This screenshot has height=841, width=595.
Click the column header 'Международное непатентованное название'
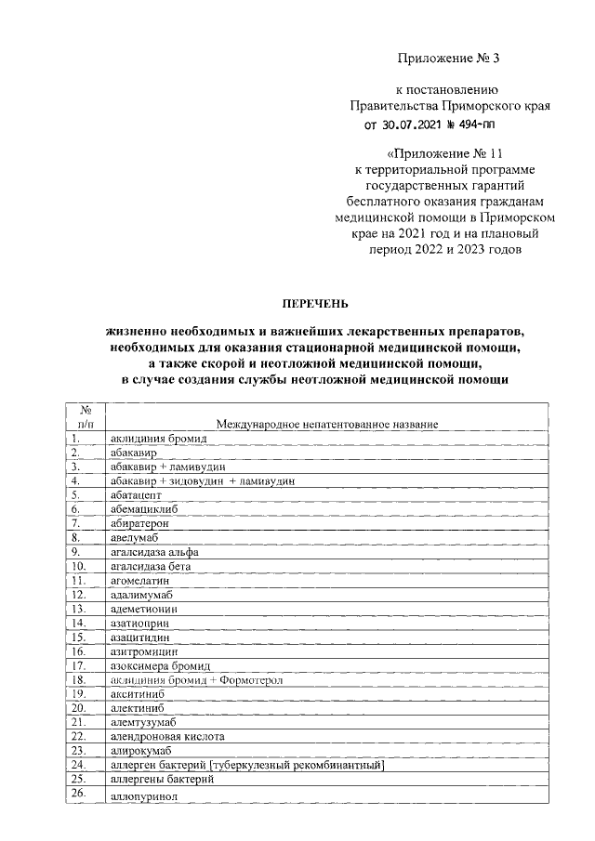pyautogui.click(x=326, y=424)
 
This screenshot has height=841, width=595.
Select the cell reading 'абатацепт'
pyautogui.click(x=136, y=495)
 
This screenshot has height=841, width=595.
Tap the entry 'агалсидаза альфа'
pyautogui.click(x=153, y=551)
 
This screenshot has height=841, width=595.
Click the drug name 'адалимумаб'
pyautogui.click(x=141, y=594)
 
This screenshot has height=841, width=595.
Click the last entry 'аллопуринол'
pyautogui.click(x=141, y=797)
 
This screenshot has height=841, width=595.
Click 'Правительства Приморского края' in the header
pyautogui.click(x=449, y=106)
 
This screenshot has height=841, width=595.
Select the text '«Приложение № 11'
pyautogui.click(x=435, y=152)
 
